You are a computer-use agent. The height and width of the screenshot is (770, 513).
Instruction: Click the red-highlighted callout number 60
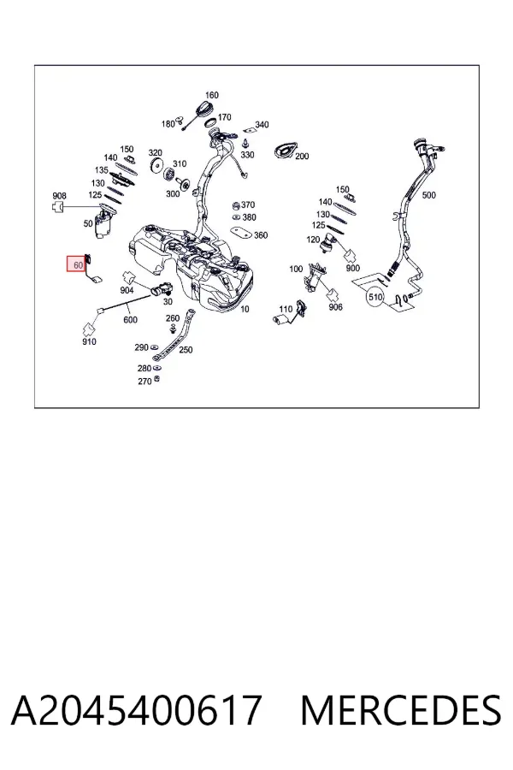tap(78, 265)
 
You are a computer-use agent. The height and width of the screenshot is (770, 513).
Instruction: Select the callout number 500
tap(428, 195)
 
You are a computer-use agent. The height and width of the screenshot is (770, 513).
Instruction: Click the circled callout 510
tap(375, 297)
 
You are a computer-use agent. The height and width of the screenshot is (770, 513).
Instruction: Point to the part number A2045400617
tap(136, 711)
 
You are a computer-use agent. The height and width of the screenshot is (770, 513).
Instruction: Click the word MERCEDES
tap(401, 711)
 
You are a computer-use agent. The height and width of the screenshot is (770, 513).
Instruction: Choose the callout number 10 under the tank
tap(245, 309)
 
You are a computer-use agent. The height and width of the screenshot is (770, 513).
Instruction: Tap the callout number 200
tap(302, 157)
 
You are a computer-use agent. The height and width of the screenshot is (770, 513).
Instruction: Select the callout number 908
tap(59, 196)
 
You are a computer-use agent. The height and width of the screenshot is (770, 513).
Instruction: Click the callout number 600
tap(130, 320)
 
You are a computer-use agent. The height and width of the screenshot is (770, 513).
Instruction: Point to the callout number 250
tap(186, 350)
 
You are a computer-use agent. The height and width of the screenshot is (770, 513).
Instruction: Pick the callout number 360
tap(261, 235)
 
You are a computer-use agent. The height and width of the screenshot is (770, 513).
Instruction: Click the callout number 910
tap(89, 341)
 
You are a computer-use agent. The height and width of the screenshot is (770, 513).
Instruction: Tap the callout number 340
tap(262, 125)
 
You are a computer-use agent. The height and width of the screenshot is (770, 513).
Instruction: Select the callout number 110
tap(286, 309)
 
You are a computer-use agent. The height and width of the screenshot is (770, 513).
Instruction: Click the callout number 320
tap(155, 153)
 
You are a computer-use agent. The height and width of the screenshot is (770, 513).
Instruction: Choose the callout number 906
tap(336, 307)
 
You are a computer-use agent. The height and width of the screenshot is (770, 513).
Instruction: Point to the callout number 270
tap(144, 381)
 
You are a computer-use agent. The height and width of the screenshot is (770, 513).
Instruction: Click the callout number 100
tap(296, 269)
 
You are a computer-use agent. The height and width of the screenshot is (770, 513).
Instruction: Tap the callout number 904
tap(127, 290)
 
